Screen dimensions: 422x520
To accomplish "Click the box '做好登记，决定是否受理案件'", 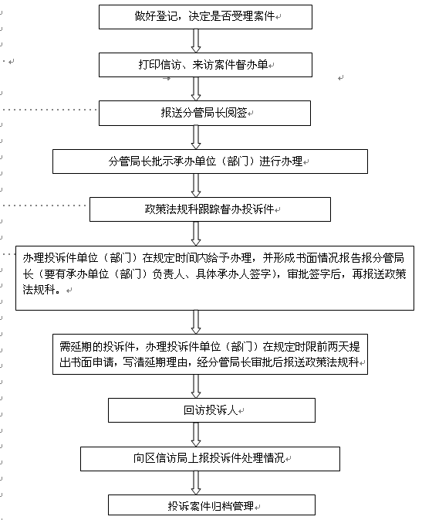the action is tap(205, 17).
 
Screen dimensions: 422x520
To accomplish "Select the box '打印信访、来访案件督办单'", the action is tap(205, 65).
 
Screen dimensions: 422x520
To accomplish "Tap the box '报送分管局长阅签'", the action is tap(204, 113).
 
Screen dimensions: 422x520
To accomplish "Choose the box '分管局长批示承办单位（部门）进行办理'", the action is tap(210, 161).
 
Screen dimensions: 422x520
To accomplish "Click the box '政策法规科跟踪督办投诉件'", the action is tap(210, 209).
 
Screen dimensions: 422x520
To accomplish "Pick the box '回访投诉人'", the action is tap(211, 410).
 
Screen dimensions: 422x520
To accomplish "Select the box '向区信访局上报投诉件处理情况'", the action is tap(210, 459).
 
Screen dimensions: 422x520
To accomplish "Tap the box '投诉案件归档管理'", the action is tap(211, 505).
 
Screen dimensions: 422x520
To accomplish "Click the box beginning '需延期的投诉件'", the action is tap(210, 354).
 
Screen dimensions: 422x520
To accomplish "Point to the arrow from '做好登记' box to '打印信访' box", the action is tap(196, 41).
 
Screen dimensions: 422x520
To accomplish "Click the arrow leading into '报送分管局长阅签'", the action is tap(196, 89).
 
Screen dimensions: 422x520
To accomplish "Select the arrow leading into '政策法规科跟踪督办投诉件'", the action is tap(196, 185).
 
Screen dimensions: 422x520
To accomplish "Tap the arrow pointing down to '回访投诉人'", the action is tap(196, 386).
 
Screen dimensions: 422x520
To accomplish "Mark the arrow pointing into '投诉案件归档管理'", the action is tap(196, 483).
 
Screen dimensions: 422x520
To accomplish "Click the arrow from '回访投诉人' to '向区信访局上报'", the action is tap(196, 434).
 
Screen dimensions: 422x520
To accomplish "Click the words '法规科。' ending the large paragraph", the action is tap(42, 290).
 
